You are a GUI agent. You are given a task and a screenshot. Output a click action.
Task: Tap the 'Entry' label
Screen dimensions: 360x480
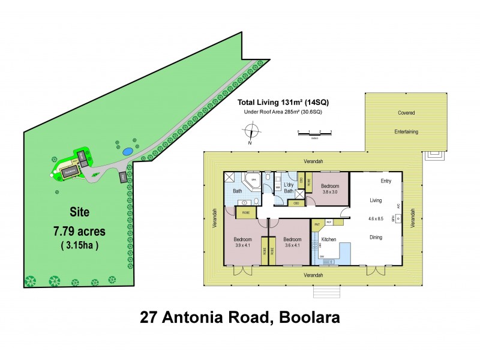[x=386, y=181]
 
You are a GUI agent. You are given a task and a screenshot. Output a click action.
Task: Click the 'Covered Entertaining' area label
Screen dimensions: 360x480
[x=406, y=122]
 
